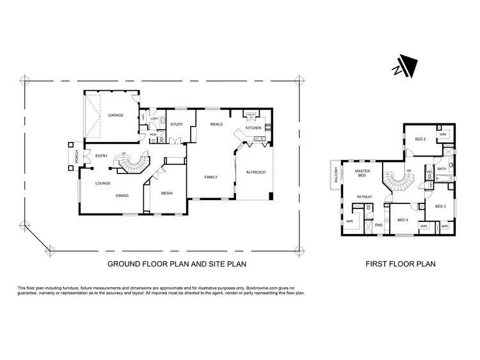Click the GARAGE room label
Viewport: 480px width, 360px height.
tap(115, 116)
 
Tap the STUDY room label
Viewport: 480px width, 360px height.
tap(177, 124)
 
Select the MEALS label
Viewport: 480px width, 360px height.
tap(216, 124)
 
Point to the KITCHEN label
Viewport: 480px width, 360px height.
tap(254, 128)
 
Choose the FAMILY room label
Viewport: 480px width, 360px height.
tap(212, 177)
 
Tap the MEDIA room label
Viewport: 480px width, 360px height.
tap(166, 192)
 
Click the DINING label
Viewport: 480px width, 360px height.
tap(124, 196)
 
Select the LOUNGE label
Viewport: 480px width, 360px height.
tap(103, 183)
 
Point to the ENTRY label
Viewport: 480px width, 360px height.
tap(101, 156)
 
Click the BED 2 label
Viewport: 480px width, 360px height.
tap(420, 139)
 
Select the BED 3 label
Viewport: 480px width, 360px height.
tap(440, 207)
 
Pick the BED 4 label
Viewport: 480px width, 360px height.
tap(403, 220)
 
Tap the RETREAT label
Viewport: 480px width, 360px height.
tap(365, 196)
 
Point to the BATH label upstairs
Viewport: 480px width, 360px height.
tap(442, 169)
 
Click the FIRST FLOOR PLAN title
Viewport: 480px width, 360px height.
tap(400, 263)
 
